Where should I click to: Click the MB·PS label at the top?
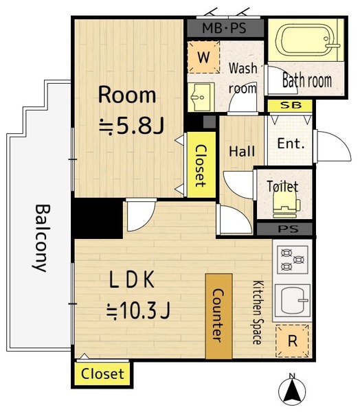pyautogui.click(x=224, y=28)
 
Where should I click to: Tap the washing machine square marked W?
pyautogui.click(x=204, y=57)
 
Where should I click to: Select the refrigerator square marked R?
pyautogui.click(x=292, y=341)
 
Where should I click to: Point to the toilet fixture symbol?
pyautogui.click(x=286, y=205)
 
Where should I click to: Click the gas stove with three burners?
pyautogui.click(x=293, y=260)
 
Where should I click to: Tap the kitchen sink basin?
pyautogui.click(x=293, y=301)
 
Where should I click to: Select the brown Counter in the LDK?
pyautogui.click(x=218, y=316)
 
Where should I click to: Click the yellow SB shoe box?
pyautogui.click(x=290, y=106)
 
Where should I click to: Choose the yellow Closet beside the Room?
pyautogui.click(x=201, y=165)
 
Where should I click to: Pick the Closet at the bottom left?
pyautogui.click(x=102, y=374)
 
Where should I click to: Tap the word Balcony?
pyautogui.click(x=42, y=238)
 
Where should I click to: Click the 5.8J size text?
pyautogui.click(x=131, y=126)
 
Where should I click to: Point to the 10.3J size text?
pyautogui.click(x=138, y=311)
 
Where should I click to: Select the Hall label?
pyautogui.click(x=242, y=152)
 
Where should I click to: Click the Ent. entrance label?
pyautogui.click(x=291, y=144)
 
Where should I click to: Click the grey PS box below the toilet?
pyautogui.click(x=284, y=229)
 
